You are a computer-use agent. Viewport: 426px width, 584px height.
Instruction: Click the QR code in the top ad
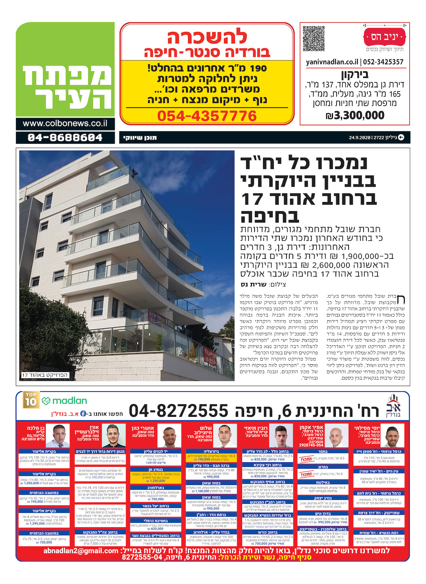tap(314, 38)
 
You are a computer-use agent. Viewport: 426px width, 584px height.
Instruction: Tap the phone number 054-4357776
tap(207, 116)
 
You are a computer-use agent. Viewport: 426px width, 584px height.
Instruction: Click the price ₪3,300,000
tap(355, 115)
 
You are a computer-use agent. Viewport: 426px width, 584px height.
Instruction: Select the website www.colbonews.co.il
tap(65, 124)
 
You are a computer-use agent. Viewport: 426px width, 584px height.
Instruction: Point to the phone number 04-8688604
tap(65, 137)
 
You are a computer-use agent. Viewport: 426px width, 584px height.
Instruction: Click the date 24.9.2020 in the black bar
tap(360, 137)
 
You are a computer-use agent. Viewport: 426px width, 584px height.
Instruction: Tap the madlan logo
tap(64, 401)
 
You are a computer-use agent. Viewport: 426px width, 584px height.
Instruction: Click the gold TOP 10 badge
tap(31, 400)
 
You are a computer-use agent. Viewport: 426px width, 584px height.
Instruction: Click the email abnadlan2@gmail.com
tap(81, 551)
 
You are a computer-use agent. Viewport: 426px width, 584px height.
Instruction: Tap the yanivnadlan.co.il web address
tap(332, 62)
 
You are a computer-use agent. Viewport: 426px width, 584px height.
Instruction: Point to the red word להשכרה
tap(207, 37)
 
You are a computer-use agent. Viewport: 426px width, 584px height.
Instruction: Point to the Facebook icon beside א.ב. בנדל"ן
tap(83, 414)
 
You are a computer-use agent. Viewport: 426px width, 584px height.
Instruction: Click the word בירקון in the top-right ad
tap(355, 75)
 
